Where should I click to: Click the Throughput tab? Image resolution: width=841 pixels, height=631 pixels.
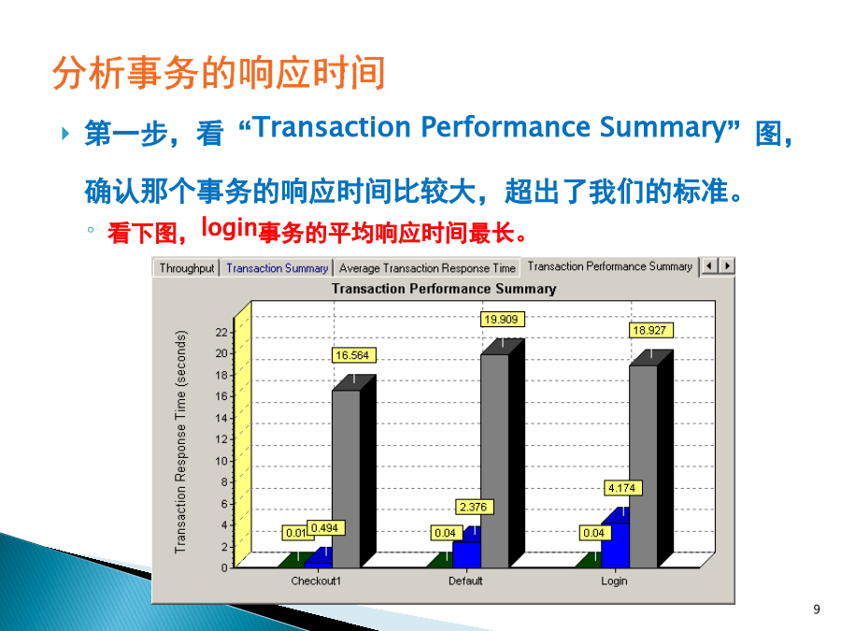tap(187, 267)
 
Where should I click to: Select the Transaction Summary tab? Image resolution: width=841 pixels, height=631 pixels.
tap(277, 267)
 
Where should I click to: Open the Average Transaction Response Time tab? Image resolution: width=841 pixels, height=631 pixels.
tap(427, 267)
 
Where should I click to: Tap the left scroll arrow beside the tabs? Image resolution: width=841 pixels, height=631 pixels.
tap(709, 265)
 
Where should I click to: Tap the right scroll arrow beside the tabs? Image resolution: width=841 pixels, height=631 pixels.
tap(727, 265)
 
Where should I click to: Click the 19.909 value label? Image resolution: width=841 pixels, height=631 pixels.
tap(502, 320)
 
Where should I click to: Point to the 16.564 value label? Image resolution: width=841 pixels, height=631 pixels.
tap(353, 355)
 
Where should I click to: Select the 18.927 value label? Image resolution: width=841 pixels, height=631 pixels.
tap(650, 330)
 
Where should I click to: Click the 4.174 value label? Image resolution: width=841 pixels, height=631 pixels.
tap(622, 488)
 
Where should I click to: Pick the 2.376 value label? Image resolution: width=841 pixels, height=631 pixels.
tap(474, 507)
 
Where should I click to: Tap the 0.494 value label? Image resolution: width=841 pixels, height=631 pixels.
tap(325, 528)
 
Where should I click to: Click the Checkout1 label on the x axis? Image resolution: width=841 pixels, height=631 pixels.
tap(316, 581)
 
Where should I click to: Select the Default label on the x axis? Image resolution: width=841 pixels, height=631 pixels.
tap(465, 581)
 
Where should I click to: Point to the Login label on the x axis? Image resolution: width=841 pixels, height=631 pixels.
tap(614, 581)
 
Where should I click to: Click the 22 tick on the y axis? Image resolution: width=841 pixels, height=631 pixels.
tap(221, 333)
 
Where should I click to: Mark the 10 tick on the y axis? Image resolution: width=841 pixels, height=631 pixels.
tap(221, 461)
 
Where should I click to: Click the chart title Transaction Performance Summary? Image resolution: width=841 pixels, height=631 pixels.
tap(444, 289)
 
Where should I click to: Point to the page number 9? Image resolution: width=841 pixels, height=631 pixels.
tap(817, 609)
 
